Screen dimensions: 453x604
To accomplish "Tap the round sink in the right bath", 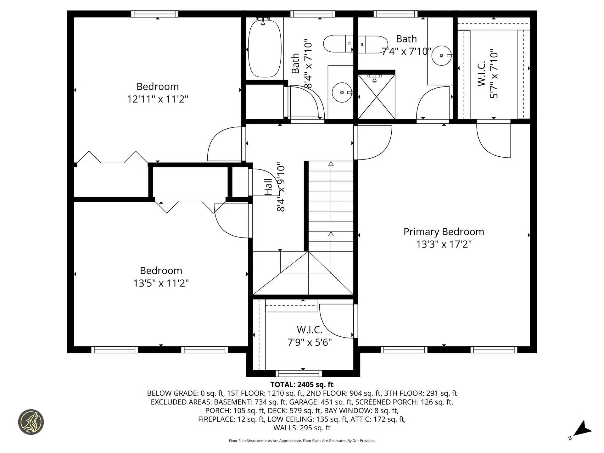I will pyautogui.click(x=441, y=56).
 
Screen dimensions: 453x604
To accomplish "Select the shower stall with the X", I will pyautogui.click(x=376, y=97).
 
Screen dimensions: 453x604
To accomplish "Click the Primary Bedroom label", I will pyautogui.click(x=444, y=232).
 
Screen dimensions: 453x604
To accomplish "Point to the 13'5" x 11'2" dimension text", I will pyautogui.click(x=161, y=283).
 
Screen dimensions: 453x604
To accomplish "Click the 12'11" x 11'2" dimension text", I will pyautogui.click(x=157, y=99).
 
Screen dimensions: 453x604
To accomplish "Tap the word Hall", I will pyautogui.click(x=268, y=187).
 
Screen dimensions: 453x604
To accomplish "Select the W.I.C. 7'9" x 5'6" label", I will pyautogui.click(x=310, y=336).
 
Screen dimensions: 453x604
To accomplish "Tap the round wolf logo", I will pyautogui.click(x=31, y=422).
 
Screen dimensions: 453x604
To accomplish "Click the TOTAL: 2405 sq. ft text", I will pyautogui.click(x=302, y=384).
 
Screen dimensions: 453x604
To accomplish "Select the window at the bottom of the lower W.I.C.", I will pyautogui.click(x=299, y=373).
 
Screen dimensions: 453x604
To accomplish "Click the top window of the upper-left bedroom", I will pyautogui.click(x=154, y=14).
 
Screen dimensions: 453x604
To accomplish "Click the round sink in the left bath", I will pyautogui.click(x=342, y=92).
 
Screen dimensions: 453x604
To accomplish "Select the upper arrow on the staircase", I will pyautogui.click(x=331, y=164).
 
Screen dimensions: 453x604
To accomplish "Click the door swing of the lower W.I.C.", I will pyautogui.click(x=333, y=321).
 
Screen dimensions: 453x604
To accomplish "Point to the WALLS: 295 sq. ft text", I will pyautogui.click(x=302, y=428).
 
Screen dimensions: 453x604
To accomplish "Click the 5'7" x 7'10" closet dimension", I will pyautogui.click(x=494, y=74).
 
